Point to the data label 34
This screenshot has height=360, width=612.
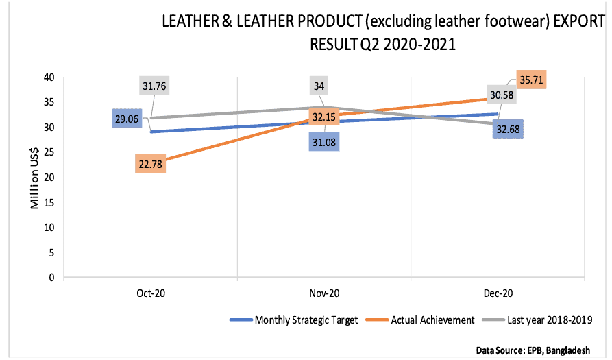click(320, 86)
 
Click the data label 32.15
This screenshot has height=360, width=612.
click(323, 117)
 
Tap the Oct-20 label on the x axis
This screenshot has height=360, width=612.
click(151, 292)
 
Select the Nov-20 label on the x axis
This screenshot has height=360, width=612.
click(324, 292)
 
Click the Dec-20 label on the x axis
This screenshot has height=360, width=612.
click(498, 292)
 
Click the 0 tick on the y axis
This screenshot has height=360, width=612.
click(52, 278)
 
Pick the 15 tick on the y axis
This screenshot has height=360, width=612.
click(49, 202)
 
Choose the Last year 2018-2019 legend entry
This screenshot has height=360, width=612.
click(546, 320)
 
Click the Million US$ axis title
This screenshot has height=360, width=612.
click(33, 178)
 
